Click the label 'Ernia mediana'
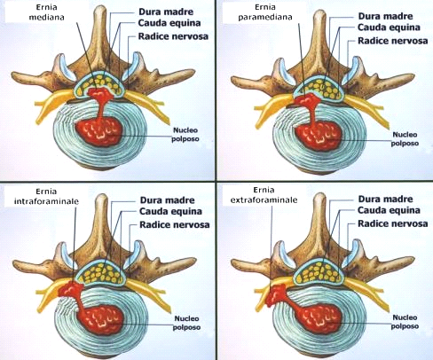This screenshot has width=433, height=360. tap(46, 12)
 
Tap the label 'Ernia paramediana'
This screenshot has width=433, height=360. tap(265, 12)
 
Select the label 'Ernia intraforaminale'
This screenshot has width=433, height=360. tap(46, 196)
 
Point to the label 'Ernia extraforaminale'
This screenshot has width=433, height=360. tap(264, 195)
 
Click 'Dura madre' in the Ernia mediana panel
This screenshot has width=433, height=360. tap(166, 12)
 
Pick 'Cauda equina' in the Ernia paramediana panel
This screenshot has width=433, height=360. tap(389, 27)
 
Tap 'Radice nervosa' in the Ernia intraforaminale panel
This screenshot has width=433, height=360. tap(175, 224)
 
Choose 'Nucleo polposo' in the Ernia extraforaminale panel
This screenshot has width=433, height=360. tap(405, 322)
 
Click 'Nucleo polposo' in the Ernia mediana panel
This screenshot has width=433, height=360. tap(185, 135)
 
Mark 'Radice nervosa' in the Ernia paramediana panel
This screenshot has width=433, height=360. tap(393, 41)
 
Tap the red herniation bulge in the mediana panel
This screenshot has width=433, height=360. tap(99, 94)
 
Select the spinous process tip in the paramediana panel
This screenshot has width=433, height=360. tap(319, 14)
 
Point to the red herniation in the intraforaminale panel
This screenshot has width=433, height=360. tap(70, 289)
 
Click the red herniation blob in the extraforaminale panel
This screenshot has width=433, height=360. tap(276, 294)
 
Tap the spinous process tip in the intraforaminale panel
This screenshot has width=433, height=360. tap(101, 199)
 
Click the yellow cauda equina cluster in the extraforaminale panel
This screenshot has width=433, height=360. tap(319, 273)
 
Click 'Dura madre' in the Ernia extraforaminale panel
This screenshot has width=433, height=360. tap(385, 199)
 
